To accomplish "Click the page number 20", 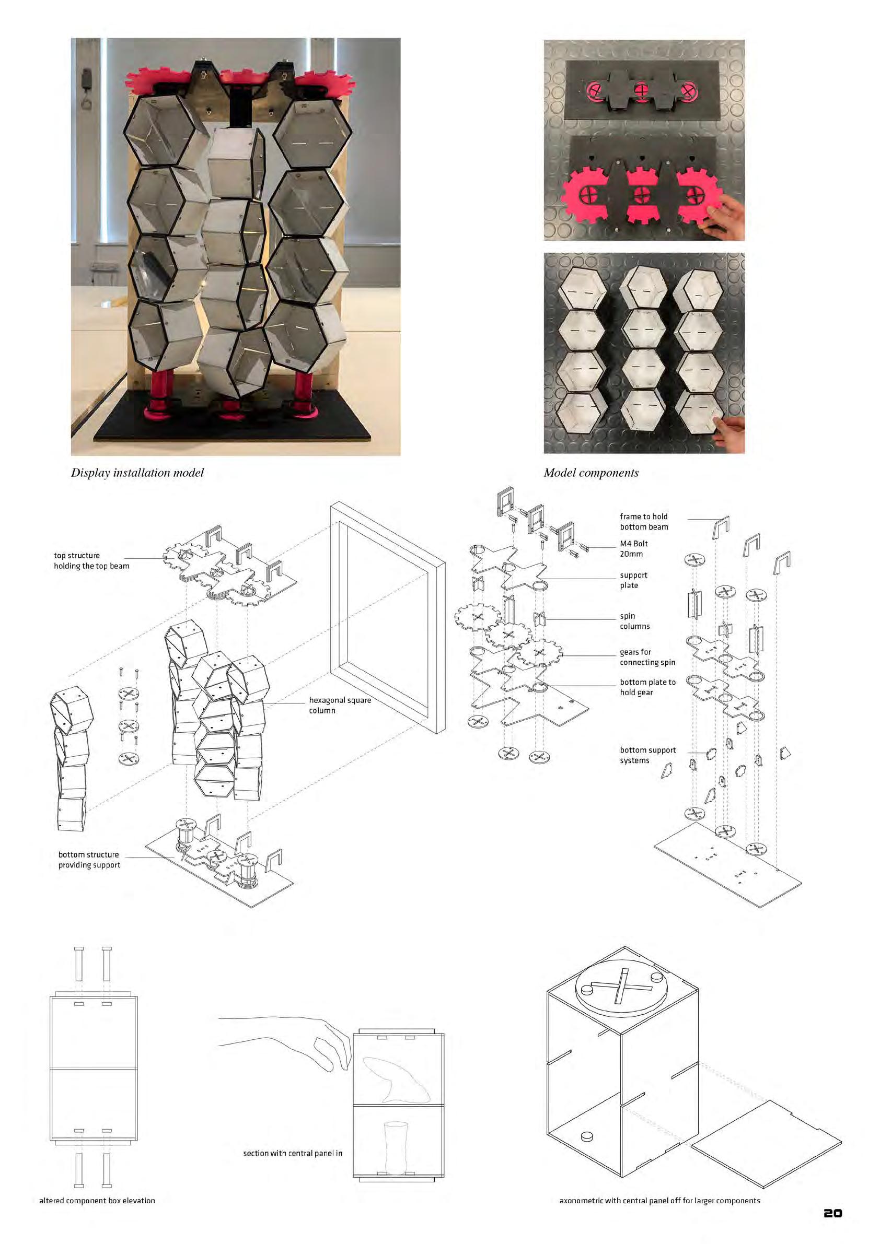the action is pyautogui.click(x=833, y=1213).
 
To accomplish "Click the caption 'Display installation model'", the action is pyautogui.click(x=137, y=473).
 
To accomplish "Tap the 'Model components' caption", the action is pyautogui.click(x=591, y=473).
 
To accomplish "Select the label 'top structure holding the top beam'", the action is pyautogui.click(x=91, y=561).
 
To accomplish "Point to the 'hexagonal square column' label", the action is pyautogui.click(x=340, y=706).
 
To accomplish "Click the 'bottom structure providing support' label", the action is pyautogui.click(x=89, y=860).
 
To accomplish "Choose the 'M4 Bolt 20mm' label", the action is pyautogui.click(x=634, y=549).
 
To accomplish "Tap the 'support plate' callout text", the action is pyautogui.click(x=633, y=580).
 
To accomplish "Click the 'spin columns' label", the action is pyautogui.click(x=634, y=621).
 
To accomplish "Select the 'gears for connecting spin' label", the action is pyautogui.click(x=647, y=657).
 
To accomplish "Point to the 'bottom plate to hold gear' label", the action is pyautogui.click(x=648, y=687).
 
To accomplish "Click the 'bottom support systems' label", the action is pyautogui.click(x=648, y=755).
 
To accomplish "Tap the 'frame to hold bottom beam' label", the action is pyautogui.click(x=644, y=522).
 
